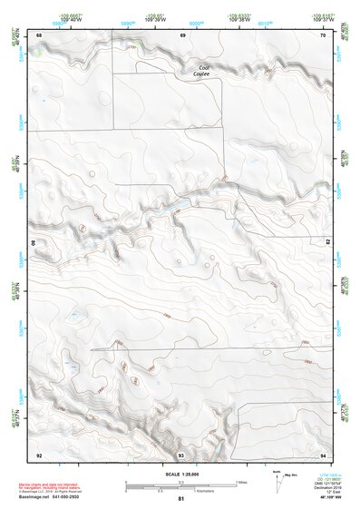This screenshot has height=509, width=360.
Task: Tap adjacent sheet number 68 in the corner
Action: point(39,34)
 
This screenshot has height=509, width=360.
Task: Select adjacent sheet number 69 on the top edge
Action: point(182,34)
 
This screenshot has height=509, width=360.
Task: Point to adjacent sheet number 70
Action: point(323,34)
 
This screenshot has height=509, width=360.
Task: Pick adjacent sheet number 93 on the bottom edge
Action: point(181,454)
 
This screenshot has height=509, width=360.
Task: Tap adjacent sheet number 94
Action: point(323,454)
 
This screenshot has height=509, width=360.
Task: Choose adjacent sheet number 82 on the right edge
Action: point(327,243)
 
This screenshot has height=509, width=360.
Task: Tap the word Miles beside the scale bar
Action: point(242,482)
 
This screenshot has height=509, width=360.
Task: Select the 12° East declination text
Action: point(322,491)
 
